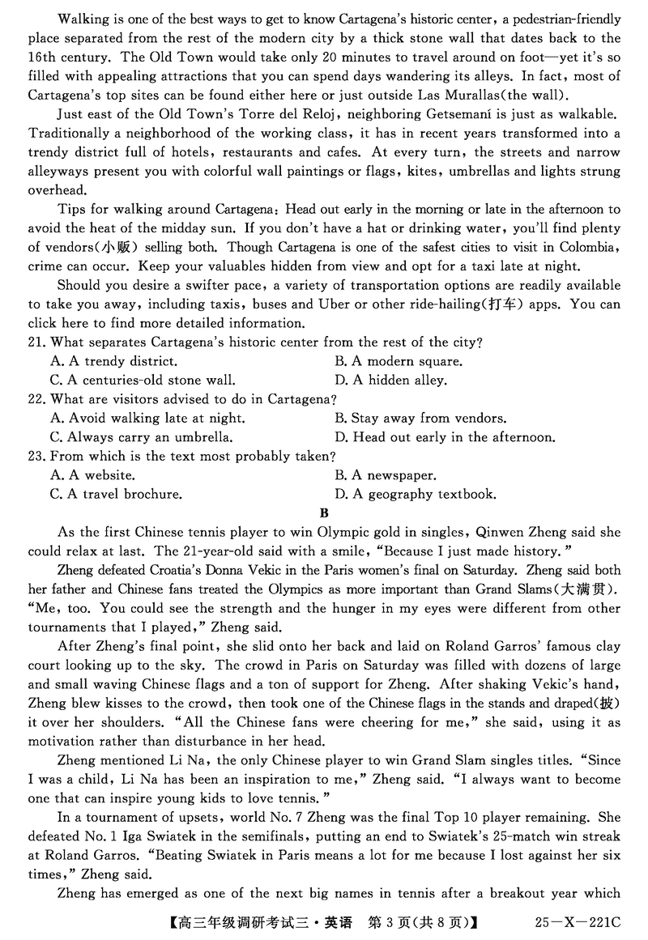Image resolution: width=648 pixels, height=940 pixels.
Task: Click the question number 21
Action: tap(36, 342)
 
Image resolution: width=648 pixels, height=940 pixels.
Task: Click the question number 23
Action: tap(36, 457)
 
